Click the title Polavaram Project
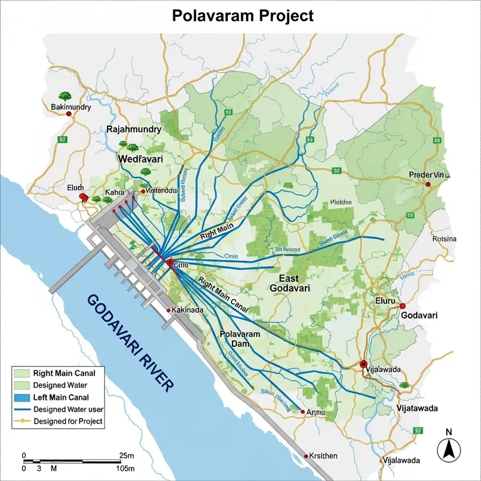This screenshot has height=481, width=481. pos(243,16)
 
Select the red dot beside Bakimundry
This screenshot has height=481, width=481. pos(69,114)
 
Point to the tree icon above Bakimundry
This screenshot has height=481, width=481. pos(64,96)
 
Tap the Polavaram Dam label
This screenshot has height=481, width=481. pos(240,339)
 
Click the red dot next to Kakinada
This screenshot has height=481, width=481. pos(168,310)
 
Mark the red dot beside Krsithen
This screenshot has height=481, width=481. pos(306,456)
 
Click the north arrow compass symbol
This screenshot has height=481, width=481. pos(448,447)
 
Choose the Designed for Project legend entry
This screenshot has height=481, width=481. pos(68,421)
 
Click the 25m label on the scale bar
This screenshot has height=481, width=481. pos(127,455)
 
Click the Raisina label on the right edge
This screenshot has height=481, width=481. pos(444,239)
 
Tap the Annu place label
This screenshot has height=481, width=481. pos(316,412)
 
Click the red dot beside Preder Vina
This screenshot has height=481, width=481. pos(428,184)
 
